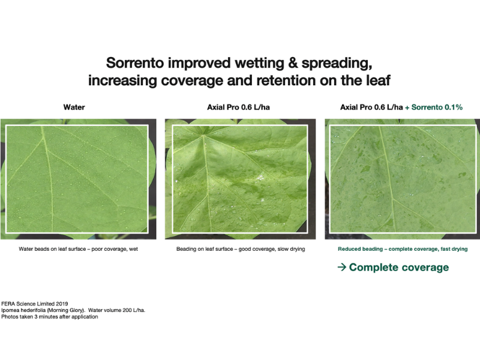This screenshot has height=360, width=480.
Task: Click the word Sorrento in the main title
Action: pos(134,63)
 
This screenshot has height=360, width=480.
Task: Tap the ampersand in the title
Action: pos(292,63)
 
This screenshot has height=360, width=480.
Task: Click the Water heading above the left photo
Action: pos(74,107)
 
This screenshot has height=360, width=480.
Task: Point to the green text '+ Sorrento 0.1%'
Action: pos(433,107)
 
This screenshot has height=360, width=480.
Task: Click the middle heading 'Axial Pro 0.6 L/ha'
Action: pos(238,107)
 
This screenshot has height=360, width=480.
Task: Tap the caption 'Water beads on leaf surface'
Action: pos(52,249)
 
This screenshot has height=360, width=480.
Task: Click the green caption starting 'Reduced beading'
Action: pos(403,249)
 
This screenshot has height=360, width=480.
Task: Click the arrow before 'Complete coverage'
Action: pos(342,267)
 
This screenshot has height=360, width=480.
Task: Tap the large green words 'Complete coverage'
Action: pos(399,267)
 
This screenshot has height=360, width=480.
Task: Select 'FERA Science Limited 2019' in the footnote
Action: pos(35,304)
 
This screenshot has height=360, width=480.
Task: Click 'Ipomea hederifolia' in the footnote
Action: pos(23,310)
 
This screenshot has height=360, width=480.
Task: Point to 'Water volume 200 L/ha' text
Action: pos(116,310)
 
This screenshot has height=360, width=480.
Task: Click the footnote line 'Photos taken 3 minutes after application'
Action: pos(50,317)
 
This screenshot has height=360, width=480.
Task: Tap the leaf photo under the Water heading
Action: pos(79,179)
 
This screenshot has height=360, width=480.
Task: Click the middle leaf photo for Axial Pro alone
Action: pos(241,179)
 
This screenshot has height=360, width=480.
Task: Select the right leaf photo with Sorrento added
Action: pos(403,179)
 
